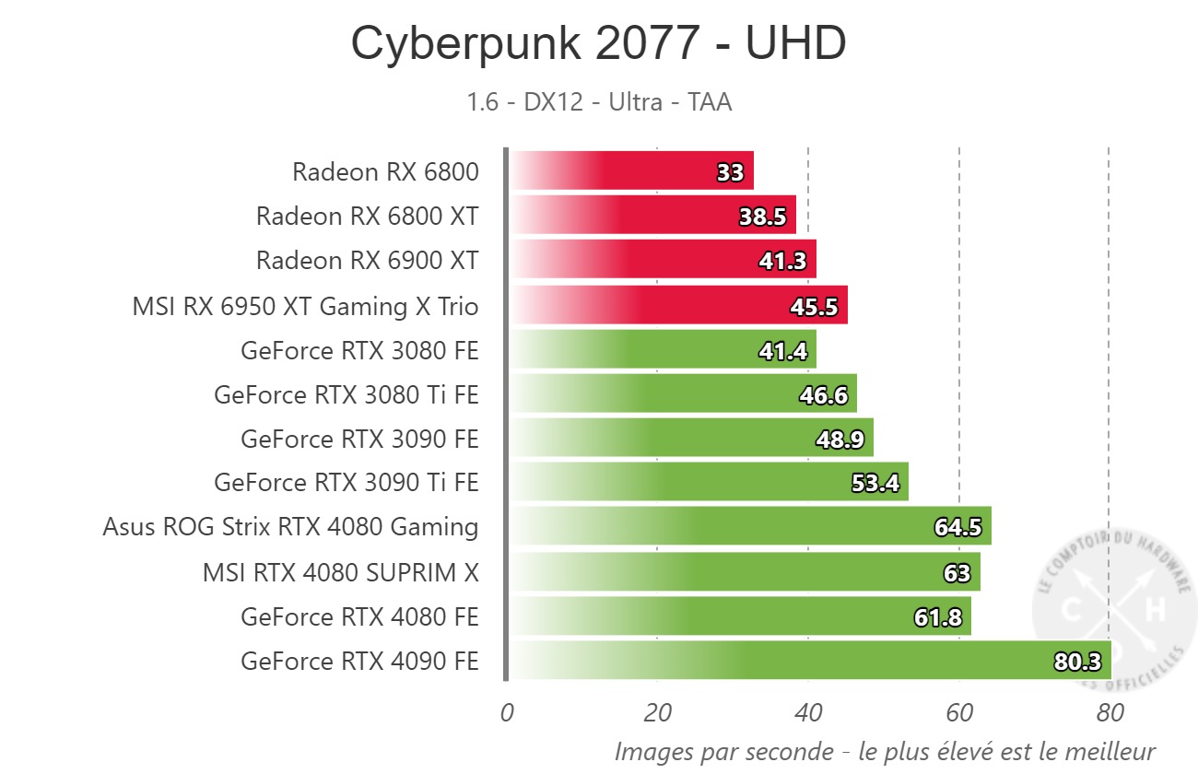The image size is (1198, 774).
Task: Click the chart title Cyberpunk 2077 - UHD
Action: click(598, 44)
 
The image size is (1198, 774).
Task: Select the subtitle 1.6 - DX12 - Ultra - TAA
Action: click(599, 101)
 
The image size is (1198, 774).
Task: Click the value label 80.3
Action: click(1078, 662)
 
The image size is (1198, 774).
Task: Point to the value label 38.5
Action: click(763, 217)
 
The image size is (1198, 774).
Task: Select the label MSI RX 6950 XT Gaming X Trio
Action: click(305, 306)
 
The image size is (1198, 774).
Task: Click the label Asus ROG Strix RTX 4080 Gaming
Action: click(290, 527)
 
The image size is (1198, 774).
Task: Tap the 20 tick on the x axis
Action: click(657, 712)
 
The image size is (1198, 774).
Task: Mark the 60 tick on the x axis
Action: click(959, 712)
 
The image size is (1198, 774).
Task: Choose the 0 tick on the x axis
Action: click(507, 712)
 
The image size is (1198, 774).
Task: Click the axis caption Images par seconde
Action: click(885, 751)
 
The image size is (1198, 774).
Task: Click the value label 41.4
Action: click(783, 350)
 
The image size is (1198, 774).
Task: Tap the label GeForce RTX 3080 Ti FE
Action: click(346, 394)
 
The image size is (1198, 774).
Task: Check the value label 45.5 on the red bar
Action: click(815, 306)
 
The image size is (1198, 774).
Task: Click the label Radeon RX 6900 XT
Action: click(367, 261)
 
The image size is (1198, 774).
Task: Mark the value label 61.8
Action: click(938, 617)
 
